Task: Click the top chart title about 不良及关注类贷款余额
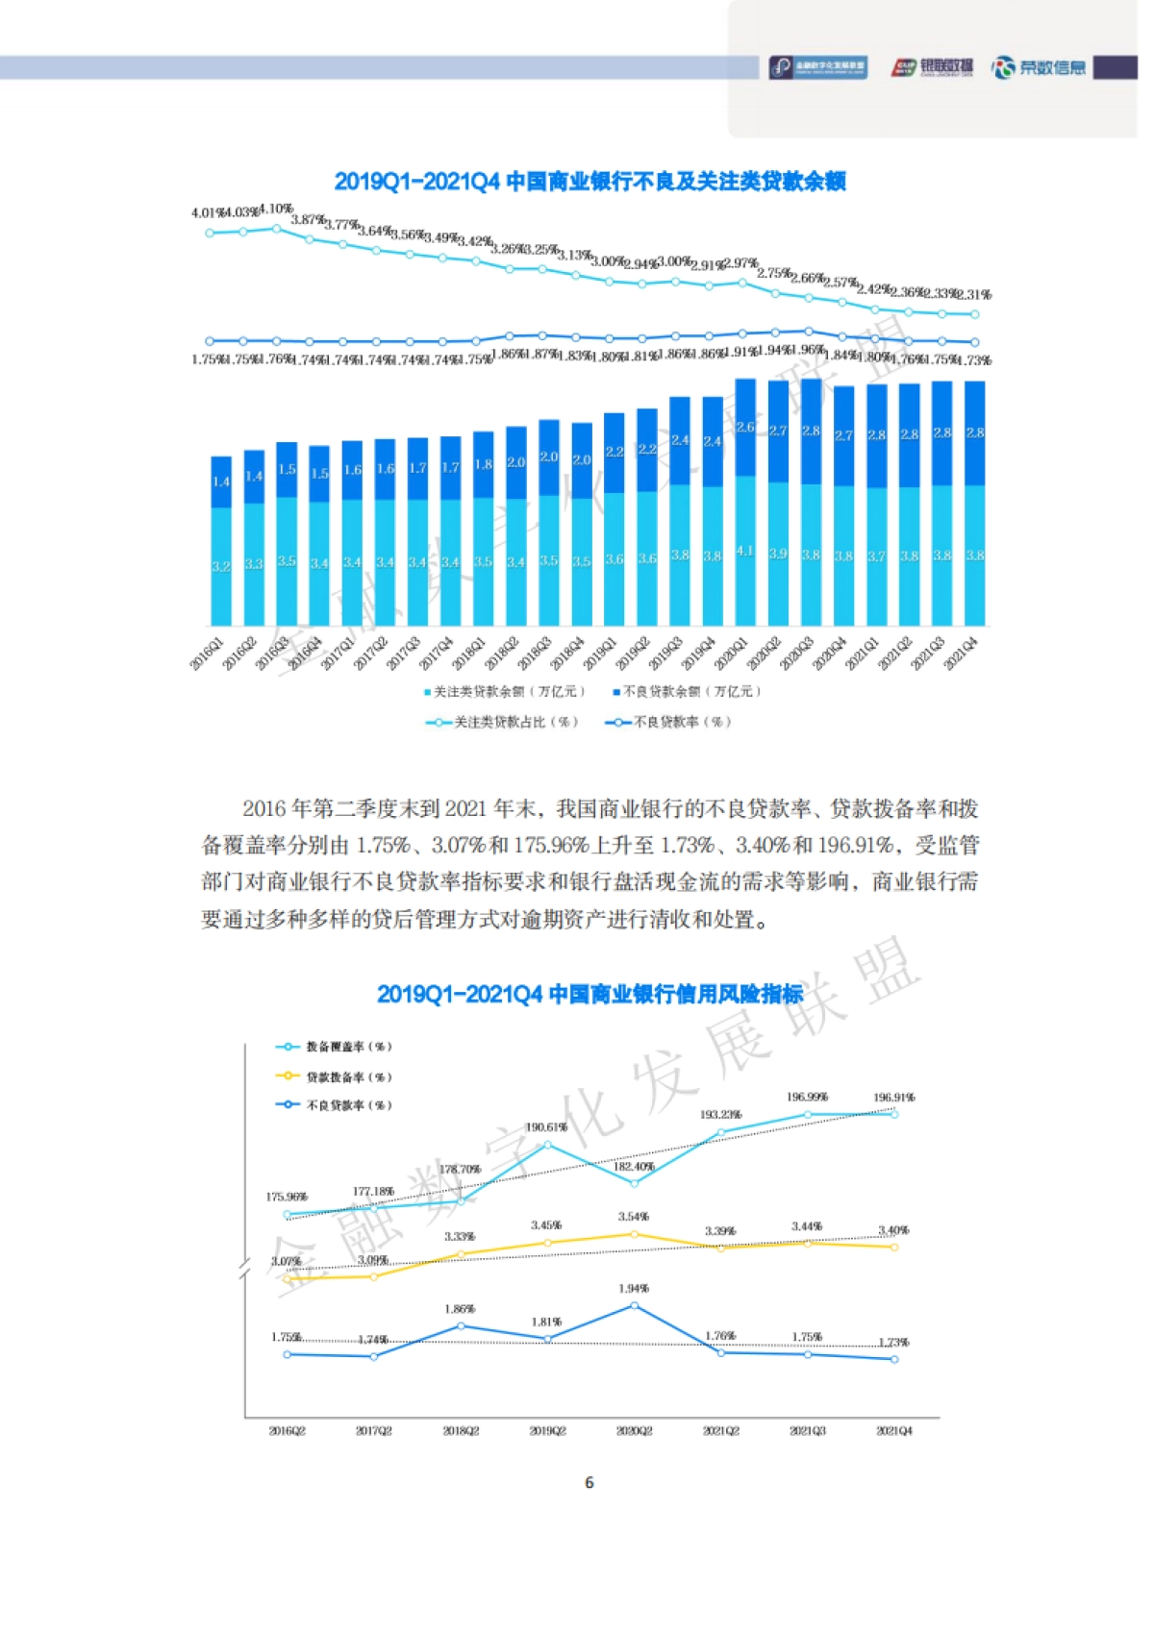pos(590,182)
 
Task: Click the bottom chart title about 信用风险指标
pos(590,994)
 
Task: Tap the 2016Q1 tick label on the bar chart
pos(207,653)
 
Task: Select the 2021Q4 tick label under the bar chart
pos(962,653)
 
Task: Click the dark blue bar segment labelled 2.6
pos(745,429)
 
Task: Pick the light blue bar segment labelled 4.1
pos(745,552)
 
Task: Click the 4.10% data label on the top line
pos(276,210)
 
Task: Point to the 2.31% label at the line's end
pos(973,295)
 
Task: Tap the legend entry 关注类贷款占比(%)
pos(504,722)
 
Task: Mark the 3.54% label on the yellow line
pos(634,1217)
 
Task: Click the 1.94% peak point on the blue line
pos(634,1306)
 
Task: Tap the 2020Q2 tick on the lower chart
pos(634,1431)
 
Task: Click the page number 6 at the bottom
pos(590,1483)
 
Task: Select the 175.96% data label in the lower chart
pos(287,1198)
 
